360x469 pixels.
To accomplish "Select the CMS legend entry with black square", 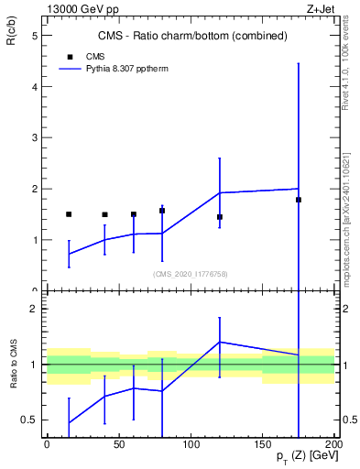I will click(87, 55).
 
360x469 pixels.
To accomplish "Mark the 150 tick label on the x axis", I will click(262, 444).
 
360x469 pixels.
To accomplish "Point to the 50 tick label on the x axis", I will click(118, 444).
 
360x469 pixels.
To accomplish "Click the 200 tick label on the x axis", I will click(333, 444).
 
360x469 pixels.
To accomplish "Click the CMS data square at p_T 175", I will click(299, 200).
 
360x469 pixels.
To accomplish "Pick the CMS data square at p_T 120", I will click(220, 217).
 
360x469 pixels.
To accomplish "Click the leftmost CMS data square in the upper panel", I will click(69, 214).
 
